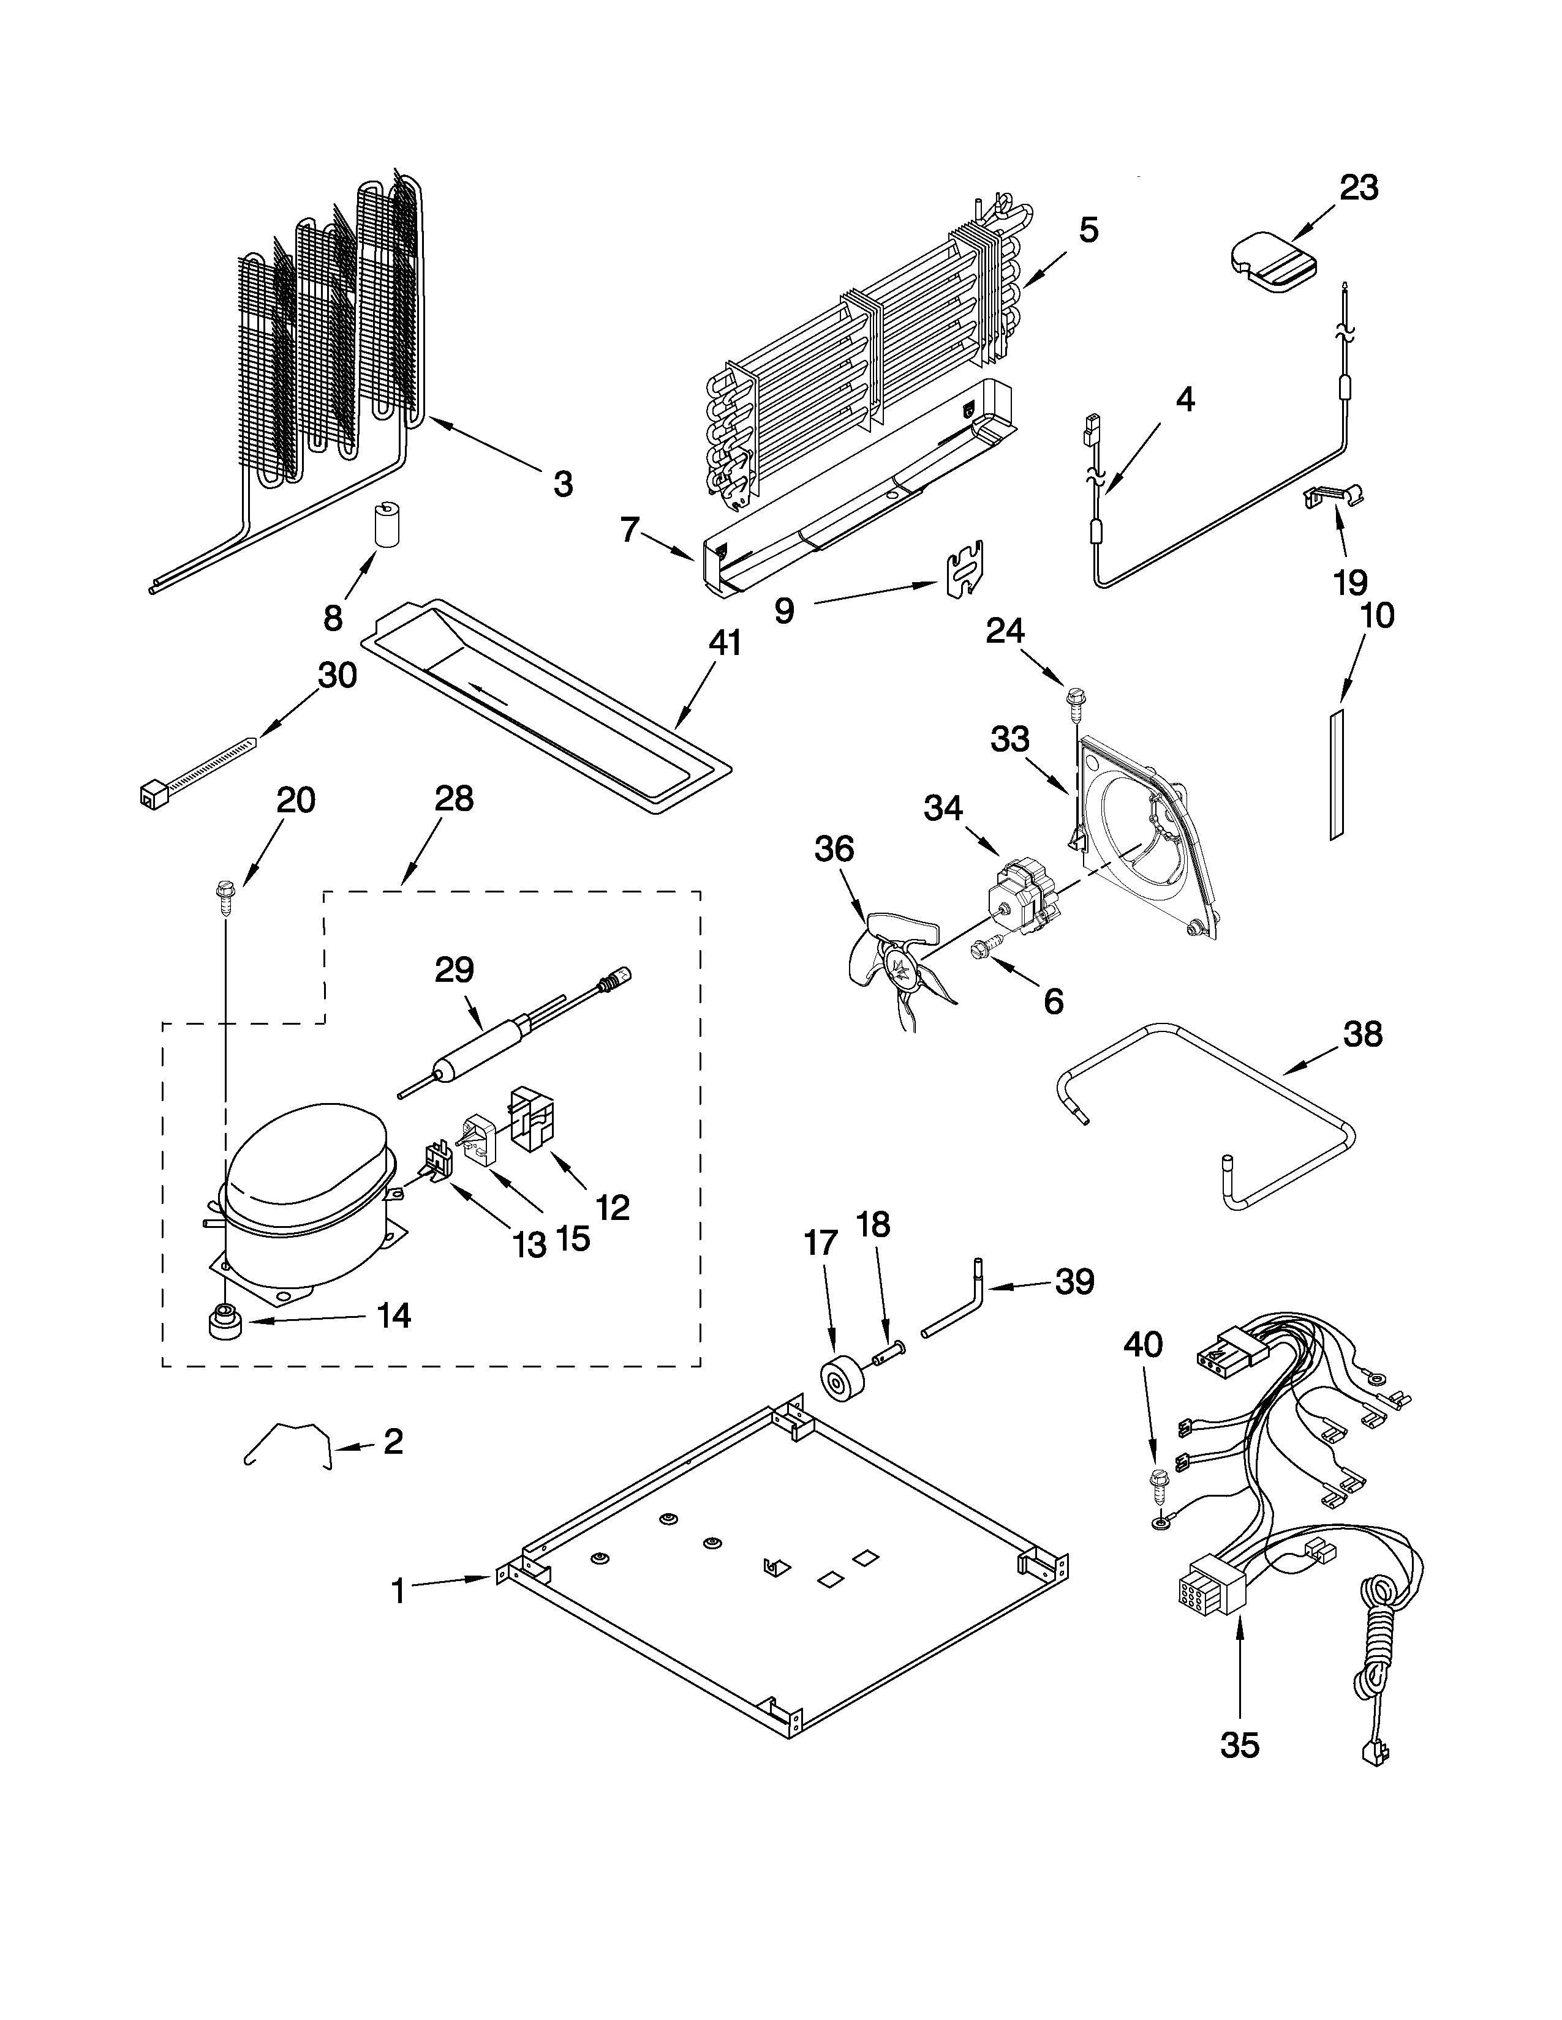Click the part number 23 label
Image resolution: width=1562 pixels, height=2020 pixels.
click(1359, 188)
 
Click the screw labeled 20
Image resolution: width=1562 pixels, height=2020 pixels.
click(225, 892)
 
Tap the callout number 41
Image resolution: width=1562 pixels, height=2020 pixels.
click(725, 642)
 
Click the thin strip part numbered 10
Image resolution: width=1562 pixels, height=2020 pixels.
click(1336, 775)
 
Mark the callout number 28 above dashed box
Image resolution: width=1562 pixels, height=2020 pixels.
click(453, 798)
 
